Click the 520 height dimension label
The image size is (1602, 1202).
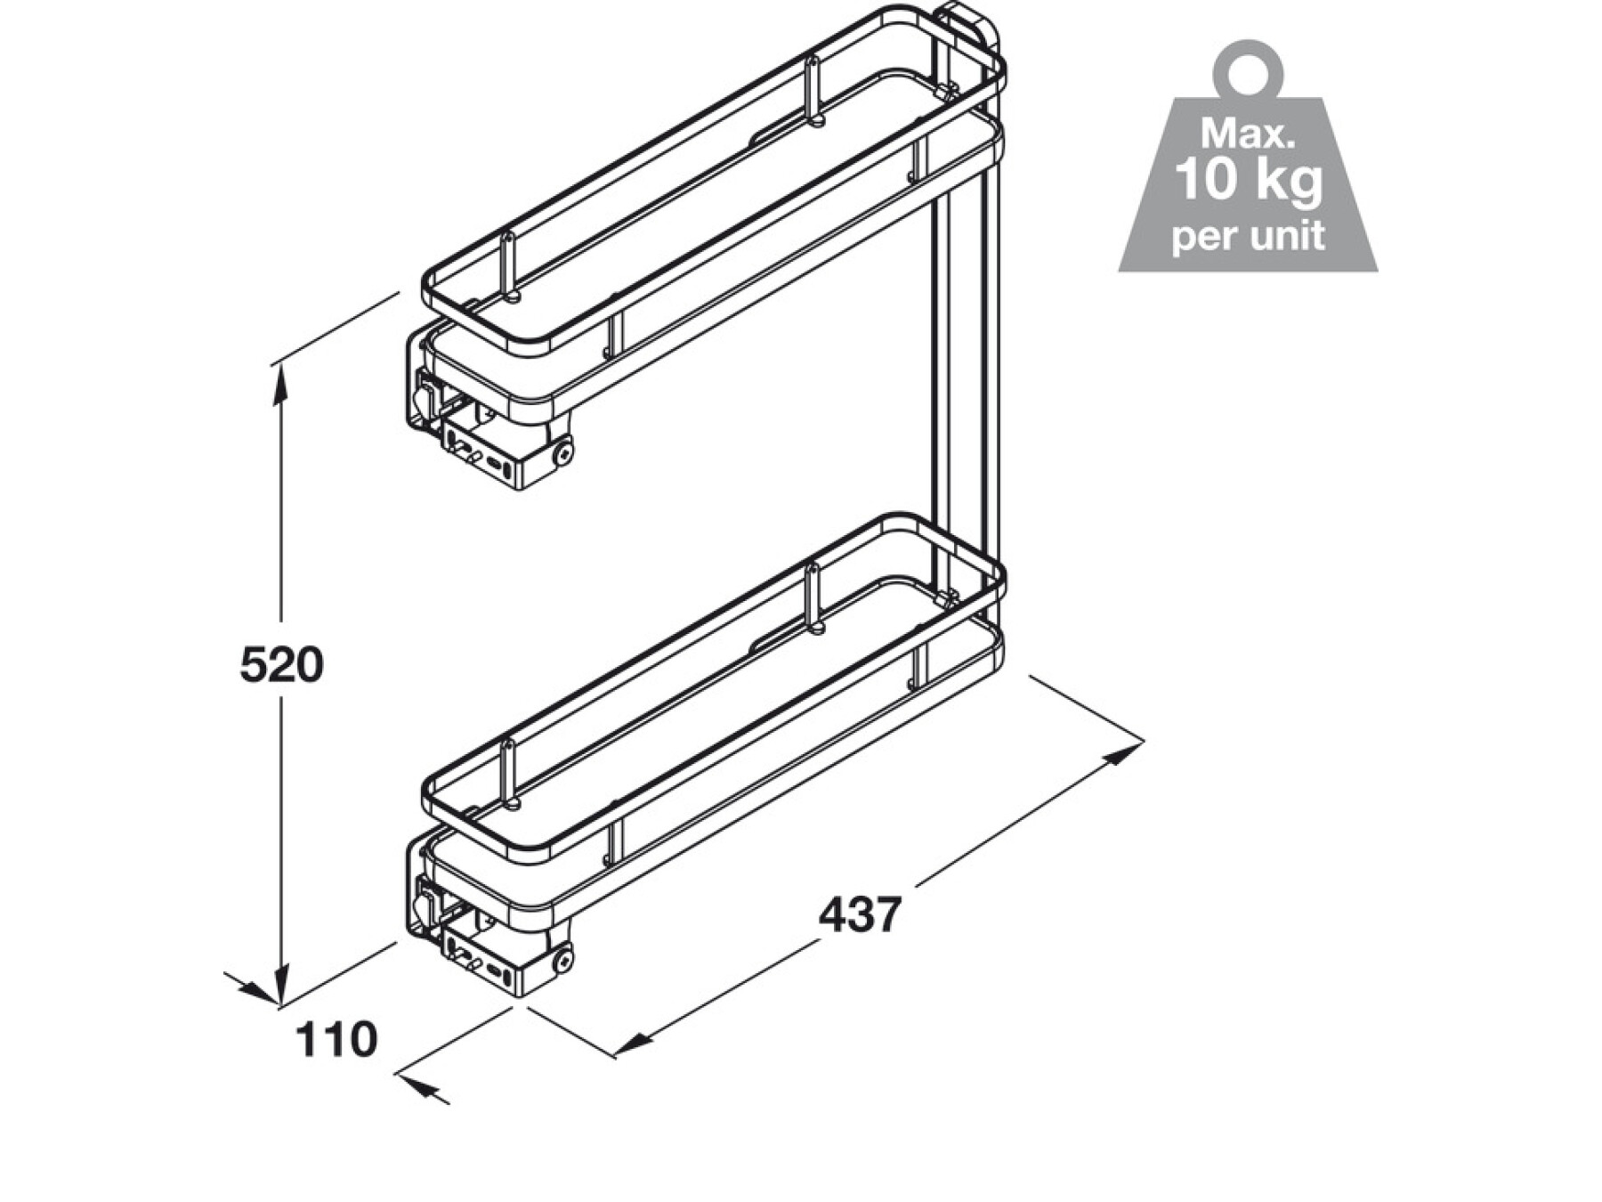pyautogui.click(x=281, y=665)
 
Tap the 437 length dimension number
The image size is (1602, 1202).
pyautogui.click(x=861, y=914)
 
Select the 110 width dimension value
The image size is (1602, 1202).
pyautogui.click(x=336, y=1039)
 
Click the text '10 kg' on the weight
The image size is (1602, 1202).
pyautogui.click(x=1249, y=179)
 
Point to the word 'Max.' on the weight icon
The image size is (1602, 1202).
pyautogui.click(x=1248, y=134)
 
